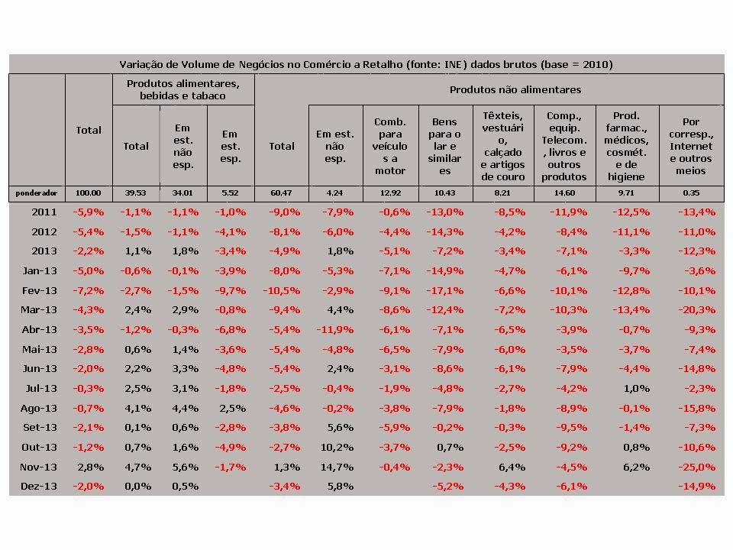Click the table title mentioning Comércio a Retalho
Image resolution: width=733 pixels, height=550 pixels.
pyautogui.click(x=366, y=64)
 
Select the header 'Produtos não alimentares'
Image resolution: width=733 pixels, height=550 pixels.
pyautogui.click(x=515, y=89)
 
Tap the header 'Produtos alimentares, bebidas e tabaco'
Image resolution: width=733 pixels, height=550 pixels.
pyautogui.click(x=183, y=89)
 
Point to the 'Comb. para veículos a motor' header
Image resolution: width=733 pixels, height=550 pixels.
pyautogui.click(x=390, y=146)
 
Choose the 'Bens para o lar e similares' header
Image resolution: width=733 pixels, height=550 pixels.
pyautogui.click(x=444, y=146)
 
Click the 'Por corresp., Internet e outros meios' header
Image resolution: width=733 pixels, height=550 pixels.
pyautogui.click(x=691, y=146)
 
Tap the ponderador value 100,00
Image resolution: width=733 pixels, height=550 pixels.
pyautogui.click(x=89, y=192)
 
